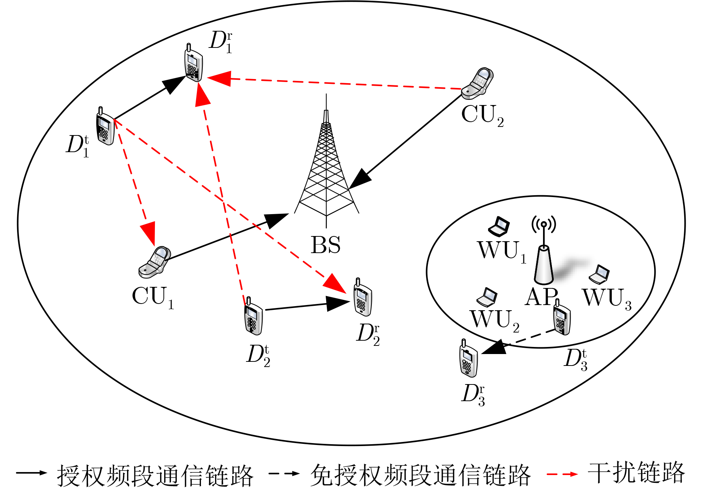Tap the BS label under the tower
tap(325, 245)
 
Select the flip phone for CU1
tap(155, 262)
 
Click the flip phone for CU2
tap(477, 83)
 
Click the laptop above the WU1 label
tap(499, 226)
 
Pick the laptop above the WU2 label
tap(487, 297)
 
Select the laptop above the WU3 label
tap(599, 274)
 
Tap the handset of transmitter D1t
tap(105, 126)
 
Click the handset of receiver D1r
tap(194, 63)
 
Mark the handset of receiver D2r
tap(363, 297)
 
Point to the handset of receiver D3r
tap(468, 358)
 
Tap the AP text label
tap(542, 297)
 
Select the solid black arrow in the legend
tap(32, 473)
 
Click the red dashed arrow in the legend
tap(562, 474)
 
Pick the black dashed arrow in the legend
tap(284, 474)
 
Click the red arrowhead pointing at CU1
tap(149, 233)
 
